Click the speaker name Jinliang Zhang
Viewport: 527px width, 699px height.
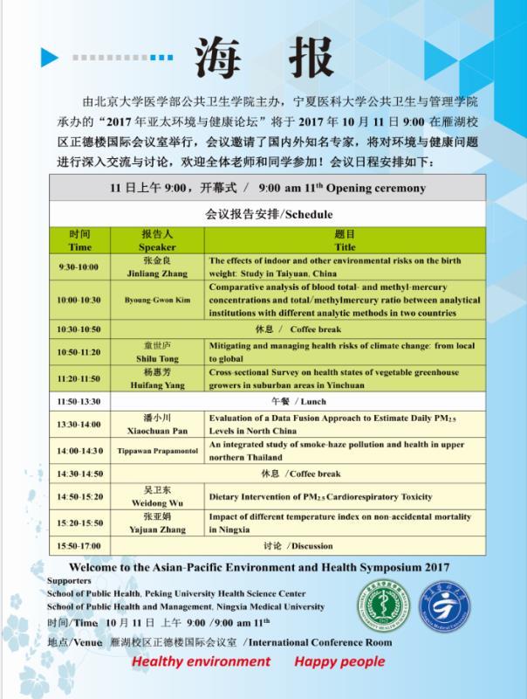(x=157, y=273)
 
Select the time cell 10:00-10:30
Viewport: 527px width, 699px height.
(x=79, y=300)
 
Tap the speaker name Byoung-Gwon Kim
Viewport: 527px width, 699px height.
(x=157, y=300)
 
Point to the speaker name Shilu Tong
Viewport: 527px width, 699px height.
(x=157, y=358)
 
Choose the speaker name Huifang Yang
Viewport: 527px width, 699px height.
(x=157, y=384)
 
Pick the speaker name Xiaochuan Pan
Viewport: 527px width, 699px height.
(x=157, y=431)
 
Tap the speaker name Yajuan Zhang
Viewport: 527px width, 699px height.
(x=157, y=529)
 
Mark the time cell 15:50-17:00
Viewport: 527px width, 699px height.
(x=80, y=546)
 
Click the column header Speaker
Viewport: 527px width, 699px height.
(x=157, y=247)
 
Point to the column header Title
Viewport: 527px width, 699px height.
(x=346, y=247)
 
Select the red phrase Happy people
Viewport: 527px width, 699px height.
(x=339, y=661)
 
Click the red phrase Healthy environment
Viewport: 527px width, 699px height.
(x=202, y=661)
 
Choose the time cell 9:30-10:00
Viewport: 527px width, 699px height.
(x=79, y=266)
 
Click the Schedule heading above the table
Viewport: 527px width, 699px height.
(x=269, y=214)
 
